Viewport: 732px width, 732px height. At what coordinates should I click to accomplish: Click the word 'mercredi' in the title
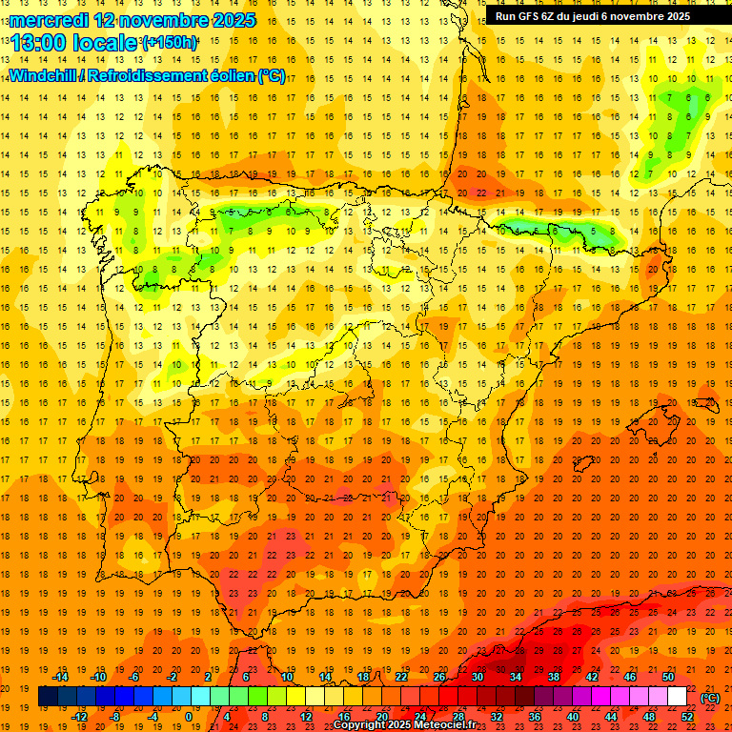pyautogui.click(x=49, y=20)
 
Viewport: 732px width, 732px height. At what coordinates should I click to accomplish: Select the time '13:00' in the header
pyautogui.click(x=40, y=43)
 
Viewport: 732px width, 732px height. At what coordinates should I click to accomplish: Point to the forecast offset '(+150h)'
pyautogui.click(x=170, y=43)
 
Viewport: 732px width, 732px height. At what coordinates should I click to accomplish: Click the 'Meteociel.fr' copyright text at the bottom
pyautogui.click(x=448, y=725)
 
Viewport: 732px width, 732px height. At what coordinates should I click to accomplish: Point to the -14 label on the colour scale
pyautogui.click(x=61, y=677)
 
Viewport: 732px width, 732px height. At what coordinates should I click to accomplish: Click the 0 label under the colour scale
pyautogui.click(x=189, y=717)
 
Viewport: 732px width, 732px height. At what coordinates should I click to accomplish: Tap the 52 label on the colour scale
pyautogui.click(x=688, y=717)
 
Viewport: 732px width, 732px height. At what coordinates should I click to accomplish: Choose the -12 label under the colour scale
pyautogui.click(x=79, y=717)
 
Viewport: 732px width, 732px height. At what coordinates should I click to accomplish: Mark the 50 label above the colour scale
pyautogui.click(x=668, y=677)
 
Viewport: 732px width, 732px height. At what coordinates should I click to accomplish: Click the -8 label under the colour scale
pyautogui.click(x=115, y=717)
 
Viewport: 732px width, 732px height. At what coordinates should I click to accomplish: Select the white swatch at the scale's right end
pyautogui.click(x=678, y=697)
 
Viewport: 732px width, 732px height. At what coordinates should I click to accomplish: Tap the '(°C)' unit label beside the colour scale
pyautogui.click(x=710, y=698)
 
